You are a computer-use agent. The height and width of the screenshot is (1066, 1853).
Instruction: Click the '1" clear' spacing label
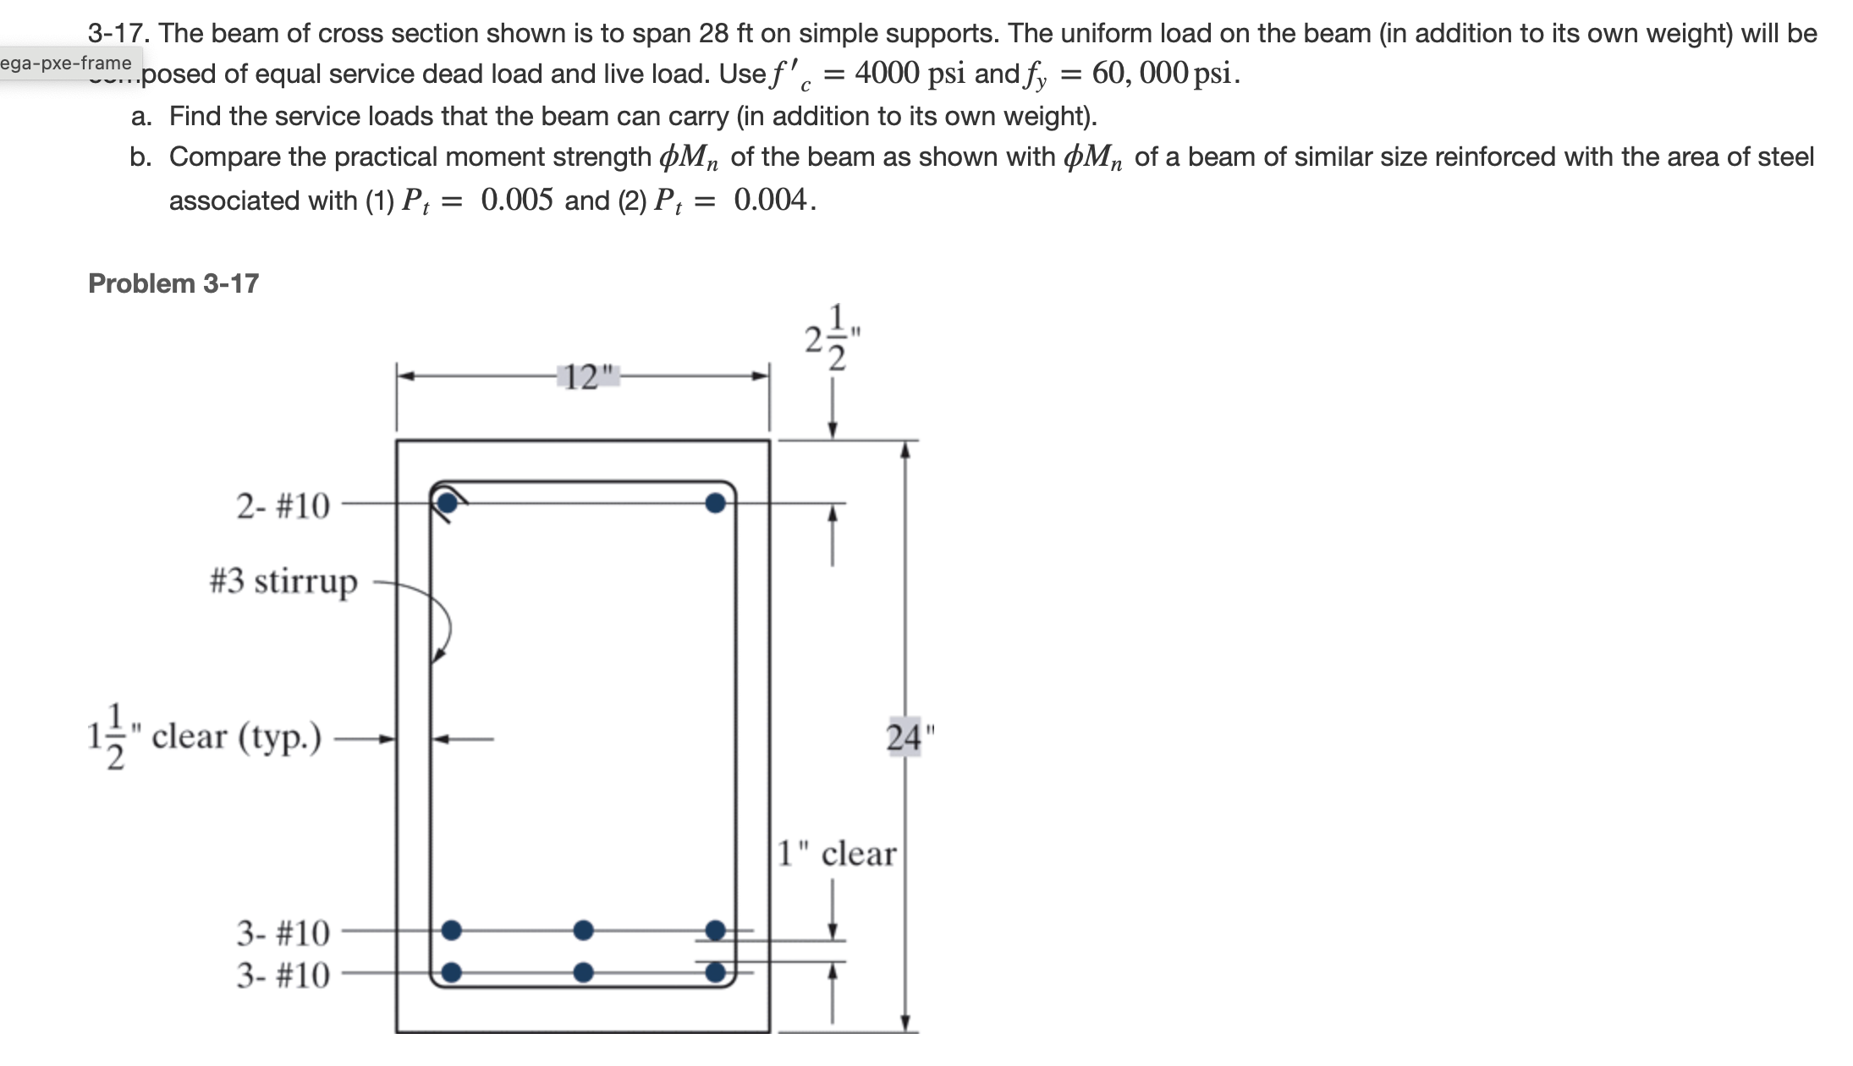(836, 854)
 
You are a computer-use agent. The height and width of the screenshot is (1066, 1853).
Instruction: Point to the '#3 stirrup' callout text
(283, 582)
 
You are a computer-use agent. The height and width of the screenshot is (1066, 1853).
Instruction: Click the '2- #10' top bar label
(283, 506)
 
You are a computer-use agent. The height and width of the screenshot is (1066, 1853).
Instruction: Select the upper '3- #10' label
(283, 933)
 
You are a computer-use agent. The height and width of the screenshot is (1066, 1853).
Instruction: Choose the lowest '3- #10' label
(283, 975)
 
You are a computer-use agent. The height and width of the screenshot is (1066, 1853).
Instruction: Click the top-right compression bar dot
(716, 503)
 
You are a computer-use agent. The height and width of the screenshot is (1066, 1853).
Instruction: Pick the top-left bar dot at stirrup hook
(448, 503)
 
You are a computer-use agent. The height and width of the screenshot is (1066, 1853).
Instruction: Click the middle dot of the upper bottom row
(583, 931)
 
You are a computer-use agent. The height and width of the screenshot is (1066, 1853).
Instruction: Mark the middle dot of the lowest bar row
(583, 972)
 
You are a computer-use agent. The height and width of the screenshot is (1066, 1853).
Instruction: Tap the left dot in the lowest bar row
(452, 972)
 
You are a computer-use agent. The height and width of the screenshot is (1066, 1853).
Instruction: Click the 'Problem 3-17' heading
(173, 283)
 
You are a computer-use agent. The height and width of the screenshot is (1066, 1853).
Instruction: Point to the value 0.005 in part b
(516, 201)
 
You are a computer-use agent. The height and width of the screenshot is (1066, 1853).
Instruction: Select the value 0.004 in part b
(770, 201)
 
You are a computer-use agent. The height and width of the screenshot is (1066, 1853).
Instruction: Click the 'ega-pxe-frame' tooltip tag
(66, 63)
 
